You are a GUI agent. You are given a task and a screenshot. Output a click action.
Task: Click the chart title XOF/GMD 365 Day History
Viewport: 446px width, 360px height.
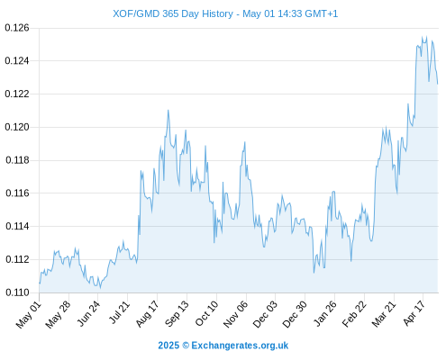point(173,13)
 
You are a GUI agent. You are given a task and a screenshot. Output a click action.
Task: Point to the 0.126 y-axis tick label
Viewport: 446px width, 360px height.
point(17,28)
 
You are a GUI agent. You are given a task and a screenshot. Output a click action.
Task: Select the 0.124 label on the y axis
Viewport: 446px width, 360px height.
point(17,61)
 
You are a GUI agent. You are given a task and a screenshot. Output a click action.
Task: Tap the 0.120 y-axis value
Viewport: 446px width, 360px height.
point(17,127)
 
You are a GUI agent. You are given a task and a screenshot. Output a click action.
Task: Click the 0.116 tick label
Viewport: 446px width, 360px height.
point(17,193)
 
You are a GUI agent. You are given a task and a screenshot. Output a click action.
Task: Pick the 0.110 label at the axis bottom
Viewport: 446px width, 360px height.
point(17,292)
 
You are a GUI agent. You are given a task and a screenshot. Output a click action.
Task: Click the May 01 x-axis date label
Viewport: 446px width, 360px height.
point(29,315)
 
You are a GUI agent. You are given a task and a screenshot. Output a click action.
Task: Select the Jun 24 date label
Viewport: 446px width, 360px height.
point(88,314)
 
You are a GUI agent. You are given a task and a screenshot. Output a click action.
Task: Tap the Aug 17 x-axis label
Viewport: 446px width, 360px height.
point(147,314)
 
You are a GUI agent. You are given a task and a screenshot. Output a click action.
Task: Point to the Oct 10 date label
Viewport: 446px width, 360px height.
point(206,314)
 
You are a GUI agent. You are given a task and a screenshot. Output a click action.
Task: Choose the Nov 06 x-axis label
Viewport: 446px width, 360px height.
point(236,314)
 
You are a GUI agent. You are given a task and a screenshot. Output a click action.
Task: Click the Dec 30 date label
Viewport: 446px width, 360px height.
point(295,314)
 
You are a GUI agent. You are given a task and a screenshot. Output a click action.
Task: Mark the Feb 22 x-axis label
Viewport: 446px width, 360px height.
point(354,314)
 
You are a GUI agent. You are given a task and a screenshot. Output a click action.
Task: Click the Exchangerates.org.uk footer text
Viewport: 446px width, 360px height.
point(240,346)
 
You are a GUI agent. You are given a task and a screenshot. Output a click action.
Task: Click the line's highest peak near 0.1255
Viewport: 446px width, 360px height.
point(426,37)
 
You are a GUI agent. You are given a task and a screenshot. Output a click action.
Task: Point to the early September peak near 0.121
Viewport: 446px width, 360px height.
point(168,110)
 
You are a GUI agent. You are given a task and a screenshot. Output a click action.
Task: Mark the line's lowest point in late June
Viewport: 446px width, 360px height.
point(100,288)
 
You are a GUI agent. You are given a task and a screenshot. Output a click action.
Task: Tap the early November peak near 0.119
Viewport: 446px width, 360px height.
point(245,142)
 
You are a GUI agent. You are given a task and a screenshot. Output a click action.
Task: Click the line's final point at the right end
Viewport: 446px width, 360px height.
point(438,84)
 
